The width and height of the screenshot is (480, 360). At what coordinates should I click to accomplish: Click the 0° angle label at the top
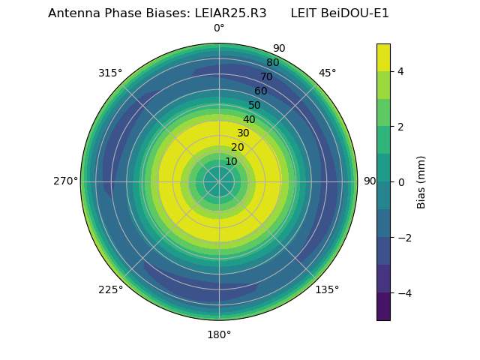[219, 28]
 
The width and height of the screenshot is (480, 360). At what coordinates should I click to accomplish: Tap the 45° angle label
[327, 73]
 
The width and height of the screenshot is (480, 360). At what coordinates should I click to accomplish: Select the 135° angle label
[327, 289]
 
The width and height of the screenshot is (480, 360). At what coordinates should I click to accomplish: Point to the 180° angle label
[219, 334]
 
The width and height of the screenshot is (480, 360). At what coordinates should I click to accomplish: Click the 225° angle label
[110, 289]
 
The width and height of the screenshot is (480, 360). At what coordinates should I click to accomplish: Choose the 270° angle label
[65, 181]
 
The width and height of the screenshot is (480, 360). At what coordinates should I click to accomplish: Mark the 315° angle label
[110, 73]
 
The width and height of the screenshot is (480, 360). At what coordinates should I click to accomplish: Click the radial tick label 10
[231, 161]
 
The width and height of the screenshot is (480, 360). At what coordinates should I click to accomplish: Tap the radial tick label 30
[243, 133]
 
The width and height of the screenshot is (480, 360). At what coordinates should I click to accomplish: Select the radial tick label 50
[255, 106]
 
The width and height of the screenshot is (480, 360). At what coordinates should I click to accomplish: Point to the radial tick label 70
[266, 77]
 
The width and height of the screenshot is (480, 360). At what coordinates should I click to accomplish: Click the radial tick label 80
[272, 63]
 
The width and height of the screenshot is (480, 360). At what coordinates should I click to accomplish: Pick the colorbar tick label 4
[400, 71]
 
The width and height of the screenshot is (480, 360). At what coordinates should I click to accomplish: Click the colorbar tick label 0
[400, 182]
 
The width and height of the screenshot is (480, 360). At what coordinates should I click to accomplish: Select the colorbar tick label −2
[403, 238]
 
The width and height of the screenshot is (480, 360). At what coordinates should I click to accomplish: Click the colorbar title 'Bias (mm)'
[421, 182]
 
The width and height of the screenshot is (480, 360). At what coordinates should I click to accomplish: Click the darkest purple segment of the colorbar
[383, 307]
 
